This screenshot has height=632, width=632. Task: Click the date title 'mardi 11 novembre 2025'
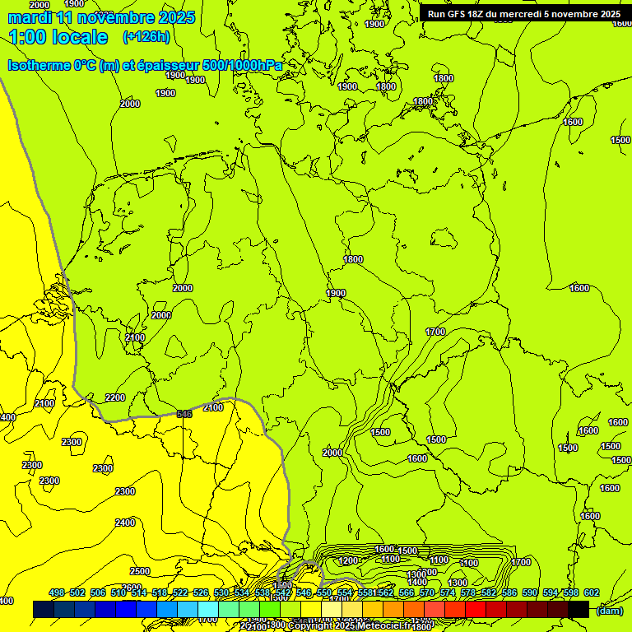click(x=101, y=17)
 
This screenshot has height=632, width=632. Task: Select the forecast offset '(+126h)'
click(x=146, y=37)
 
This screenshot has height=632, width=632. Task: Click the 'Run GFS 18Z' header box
click(x=524, y=13)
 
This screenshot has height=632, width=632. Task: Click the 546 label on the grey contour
click(x=184, y=414)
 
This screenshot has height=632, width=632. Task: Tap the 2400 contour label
click(x=125, y=523)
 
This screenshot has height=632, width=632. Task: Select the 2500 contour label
click(x=140, y=571)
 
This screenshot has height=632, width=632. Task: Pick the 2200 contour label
click(x=115, y=397)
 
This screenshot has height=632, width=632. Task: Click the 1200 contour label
click(x=348, y=560)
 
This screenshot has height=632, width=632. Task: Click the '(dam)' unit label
click(x=609, y=610)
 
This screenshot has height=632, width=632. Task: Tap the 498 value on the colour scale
click(x=57, y=593)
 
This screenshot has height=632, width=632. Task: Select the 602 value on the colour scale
click(x=591, y=593)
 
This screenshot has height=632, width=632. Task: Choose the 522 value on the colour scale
click(x=179, y=593)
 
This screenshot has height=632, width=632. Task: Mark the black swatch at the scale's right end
click(x=579, y=609)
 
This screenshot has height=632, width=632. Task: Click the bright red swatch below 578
click(x=476, y=609)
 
